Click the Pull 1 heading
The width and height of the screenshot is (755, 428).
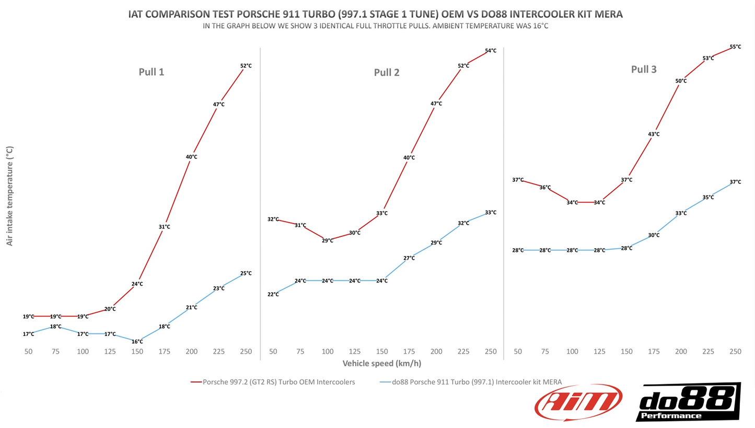click(x=151, y=72)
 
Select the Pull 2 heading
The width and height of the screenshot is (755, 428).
click(x=387, y=73)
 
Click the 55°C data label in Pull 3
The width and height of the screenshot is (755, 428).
click(x=735, y=47)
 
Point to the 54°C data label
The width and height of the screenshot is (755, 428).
click(x=491, y=51)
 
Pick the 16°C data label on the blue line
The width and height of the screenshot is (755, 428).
click(x=137, y=342)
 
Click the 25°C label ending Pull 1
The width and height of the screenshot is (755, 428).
click(x=246, y=273)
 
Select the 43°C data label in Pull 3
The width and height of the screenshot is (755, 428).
click(x=654, y=134)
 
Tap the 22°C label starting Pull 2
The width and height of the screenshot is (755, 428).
click(x=273, y=295)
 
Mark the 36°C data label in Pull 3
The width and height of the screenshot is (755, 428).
click(x=545, y=188)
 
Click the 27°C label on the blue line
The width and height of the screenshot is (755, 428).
click(x=409, y=258)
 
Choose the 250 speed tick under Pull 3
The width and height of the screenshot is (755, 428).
click(x=735, y=352)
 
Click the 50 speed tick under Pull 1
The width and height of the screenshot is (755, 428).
click(x=28, y=352)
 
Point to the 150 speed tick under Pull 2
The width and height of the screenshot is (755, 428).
click(x=382, y=352)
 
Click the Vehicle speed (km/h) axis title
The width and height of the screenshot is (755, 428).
click(x=381, y=363)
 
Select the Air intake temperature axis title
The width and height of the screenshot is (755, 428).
click(x=9, y=196)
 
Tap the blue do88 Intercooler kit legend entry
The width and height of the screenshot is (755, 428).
click(x=471, y=382)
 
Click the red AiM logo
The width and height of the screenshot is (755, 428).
click(x=578, y=402)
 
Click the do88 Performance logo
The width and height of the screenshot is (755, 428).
click(x=688, y=401)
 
